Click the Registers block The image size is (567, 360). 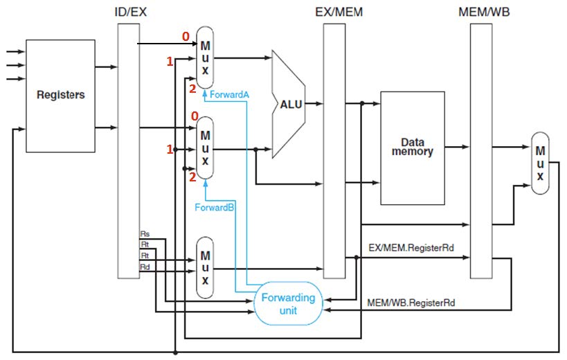tap(60, 95)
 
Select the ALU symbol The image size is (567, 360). tap(289, 104)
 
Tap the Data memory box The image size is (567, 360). tap(413, 147)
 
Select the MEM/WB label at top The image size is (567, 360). tap(480, 12)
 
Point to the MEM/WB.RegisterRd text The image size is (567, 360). tap(410, 303)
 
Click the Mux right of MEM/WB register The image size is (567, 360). tap(541, 163)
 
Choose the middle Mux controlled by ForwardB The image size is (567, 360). tap(206, 148)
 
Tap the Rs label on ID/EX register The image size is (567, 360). tap(144, 235)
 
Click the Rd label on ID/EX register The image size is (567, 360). tap(144, 267)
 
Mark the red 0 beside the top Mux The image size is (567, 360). tap(186, 36)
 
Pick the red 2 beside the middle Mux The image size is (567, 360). tap(192, 177)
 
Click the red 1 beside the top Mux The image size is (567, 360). tap(169, 62)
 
